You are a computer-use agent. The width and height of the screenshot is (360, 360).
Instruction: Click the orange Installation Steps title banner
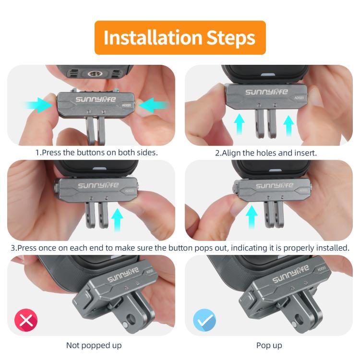point(180,37)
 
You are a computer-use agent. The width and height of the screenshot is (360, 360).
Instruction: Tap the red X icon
point(26,320)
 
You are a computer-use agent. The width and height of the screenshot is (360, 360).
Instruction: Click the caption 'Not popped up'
point(94,345)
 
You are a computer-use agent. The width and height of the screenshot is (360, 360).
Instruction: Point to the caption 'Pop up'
point(269,345)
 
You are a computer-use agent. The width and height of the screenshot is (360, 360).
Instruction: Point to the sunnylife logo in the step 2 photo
point(266,92)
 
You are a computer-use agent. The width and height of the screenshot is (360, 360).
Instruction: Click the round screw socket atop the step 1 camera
point(90,74)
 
